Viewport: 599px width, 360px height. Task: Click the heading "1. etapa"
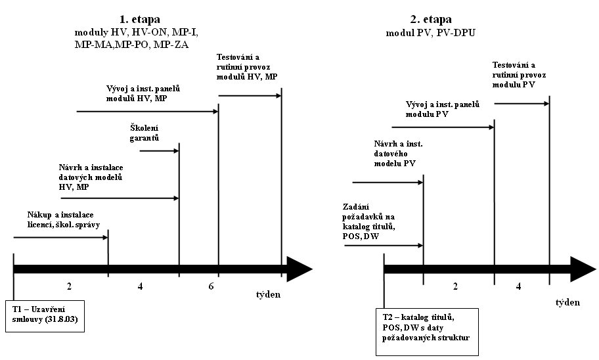tap(140, 19)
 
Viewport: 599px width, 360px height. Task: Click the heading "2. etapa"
tap(431, 19)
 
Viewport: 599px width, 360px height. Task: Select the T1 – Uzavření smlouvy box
tap(45, 316)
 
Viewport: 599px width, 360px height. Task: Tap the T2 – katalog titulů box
tap(427, 332)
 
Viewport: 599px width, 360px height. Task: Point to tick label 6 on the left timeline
tap(211, 286)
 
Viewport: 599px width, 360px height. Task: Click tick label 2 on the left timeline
tap(69, 286)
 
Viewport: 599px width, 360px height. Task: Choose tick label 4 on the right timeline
tap(518, 286)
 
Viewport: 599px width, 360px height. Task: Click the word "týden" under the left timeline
tap(268, 294)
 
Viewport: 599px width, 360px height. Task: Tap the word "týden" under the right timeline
tap(567, 302)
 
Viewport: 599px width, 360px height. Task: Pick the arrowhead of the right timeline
tap(583, 269)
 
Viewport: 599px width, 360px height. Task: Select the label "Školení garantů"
tap(144, 133)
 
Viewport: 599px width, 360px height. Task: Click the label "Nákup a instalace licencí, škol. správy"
tap(64, 220)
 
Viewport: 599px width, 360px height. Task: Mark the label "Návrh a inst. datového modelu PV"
tap(398, 154)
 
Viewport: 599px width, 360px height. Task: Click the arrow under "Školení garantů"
tap(160, 151)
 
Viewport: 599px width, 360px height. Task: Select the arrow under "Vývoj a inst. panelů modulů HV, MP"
tap(148, 111)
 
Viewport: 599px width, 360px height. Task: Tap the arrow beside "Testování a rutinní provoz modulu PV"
tap(522, 104)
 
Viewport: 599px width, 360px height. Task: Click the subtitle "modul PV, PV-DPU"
tap(431, 33)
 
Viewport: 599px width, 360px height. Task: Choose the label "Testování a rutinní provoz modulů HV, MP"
tap(247, 67)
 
